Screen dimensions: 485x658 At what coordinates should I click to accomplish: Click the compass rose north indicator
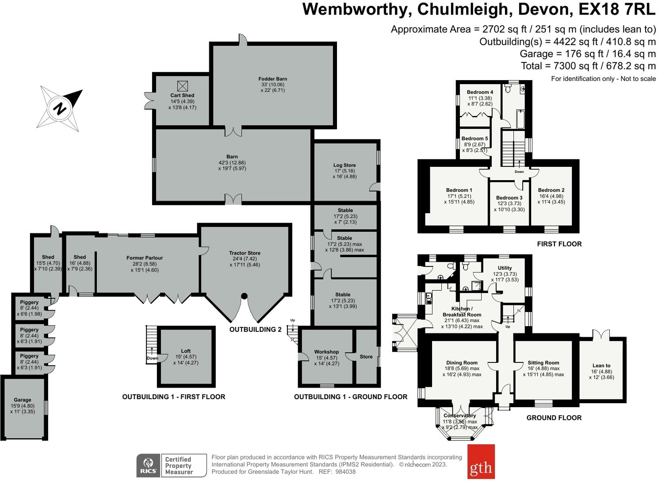tap(60, 108)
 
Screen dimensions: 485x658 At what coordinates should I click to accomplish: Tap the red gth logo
tap(481, 462)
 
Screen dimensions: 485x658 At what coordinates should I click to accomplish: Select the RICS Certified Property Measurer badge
tap(172, 466)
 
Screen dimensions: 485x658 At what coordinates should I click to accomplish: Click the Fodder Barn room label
tap(272, 79)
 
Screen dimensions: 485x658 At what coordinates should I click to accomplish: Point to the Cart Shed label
tap(182, 96)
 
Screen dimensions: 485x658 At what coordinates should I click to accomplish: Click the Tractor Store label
tap(245, 253)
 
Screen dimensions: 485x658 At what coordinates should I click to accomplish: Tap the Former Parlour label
tap(145, 258)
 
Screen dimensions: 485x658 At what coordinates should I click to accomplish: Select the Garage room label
tap(23, 400)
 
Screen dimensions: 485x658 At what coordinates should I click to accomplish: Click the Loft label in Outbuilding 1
tap(186, 351)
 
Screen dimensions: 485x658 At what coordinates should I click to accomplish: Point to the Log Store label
tap(344, 165)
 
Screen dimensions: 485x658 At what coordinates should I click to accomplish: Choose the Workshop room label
tap(326, 352)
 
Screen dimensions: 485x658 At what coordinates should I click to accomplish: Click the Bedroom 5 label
tap(474, 139)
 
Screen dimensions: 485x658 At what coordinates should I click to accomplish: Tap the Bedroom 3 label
tap(509, 198)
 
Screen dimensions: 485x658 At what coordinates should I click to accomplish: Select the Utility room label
tap(505, 268)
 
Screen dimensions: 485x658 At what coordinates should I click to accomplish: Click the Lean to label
tap(601, 366)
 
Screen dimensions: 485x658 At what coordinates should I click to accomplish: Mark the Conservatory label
tap(460, 416)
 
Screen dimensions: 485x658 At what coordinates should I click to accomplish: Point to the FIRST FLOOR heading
tap(559, 244)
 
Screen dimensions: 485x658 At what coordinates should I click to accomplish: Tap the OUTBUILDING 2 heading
tap(255, 330)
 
